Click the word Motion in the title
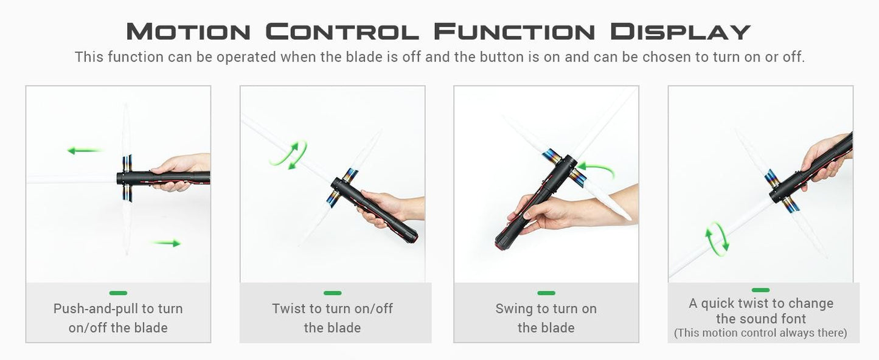[x=189, y=32]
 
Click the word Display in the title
[x=681, y=32]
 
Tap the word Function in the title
[x=515, y=32]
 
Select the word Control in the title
[x=342, y=32]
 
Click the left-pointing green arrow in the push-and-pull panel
[x=84, y=150]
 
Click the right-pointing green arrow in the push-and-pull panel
[x=166, y=243]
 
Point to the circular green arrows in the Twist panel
[x=289, y=155]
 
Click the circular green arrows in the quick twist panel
[x=717, y=239]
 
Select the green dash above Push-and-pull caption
[x=118, y=293]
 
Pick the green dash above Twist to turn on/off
[x=332, y=293]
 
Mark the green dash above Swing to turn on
[x=546, y=293]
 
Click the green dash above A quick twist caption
[x=760, y=290]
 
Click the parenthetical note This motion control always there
[x=760, y=333]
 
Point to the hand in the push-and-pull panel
[x=181, y=171]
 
